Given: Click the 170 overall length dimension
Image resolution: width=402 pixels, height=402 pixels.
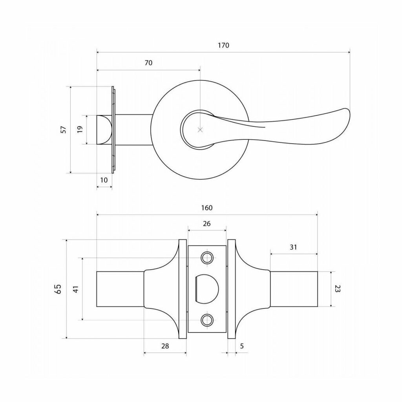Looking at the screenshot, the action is pyautogui.click(x=223, y=46).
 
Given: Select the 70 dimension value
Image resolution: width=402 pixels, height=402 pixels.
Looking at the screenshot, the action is pyautogui.click(x=148, y=63).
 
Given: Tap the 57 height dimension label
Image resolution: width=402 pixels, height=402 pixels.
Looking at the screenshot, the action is pyautogui.click(x=64, y=130).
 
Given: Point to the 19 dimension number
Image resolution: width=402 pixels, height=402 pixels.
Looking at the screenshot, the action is pyautogui.click(x=80, y=129).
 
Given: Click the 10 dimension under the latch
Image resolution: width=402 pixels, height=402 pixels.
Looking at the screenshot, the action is pyautogui.click(x=104, y=180).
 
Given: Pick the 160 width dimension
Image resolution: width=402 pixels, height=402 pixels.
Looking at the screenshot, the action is pyautogui.click(x=206, y=208).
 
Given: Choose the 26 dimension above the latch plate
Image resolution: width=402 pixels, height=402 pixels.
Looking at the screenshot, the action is pyautogui.click(x=206, y=224).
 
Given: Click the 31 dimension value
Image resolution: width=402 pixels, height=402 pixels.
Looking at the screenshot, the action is pyautogui.click(x=293, y=247).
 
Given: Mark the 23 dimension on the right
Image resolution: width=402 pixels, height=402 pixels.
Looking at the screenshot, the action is pyautogui.click(x=337, y=289).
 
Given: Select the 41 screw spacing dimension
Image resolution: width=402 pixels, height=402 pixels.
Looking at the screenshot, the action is pyautogui.click(x=76, y=289).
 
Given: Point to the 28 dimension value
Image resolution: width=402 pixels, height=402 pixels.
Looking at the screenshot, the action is pyautogui.click(x=165, y=346).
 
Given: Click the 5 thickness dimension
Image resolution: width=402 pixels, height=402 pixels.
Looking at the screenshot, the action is pyautogui.click(x=242, y=346).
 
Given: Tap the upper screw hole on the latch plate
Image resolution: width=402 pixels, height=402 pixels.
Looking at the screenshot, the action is pyautogui.click(x=207, y=258).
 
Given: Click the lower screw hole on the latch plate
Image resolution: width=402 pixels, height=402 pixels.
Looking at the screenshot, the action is pyautogui.click(x=207, y=320).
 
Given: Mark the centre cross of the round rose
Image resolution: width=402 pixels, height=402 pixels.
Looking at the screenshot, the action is pyautogui.click(x=200, y=130).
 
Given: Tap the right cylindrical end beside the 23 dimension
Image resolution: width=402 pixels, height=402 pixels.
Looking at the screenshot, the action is pyautogui.click(x=294, y=289).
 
